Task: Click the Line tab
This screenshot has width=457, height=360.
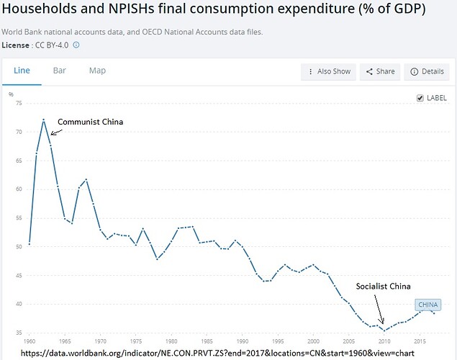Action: (22, 71)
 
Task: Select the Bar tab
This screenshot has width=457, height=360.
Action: (59, 71)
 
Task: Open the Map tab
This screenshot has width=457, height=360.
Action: (97, 71)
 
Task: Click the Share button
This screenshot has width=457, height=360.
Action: (380, 71)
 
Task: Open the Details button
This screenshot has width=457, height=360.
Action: (427, 71)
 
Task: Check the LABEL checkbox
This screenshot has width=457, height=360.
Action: (420, 98)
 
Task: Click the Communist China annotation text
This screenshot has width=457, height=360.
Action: (90, 122)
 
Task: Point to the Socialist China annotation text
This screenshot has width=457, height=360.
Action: (383, 286)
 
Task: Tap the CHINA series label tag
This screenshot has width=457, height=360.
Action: (427, 305)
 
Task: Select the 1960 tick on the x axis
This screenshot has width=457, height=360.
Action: (30, 341)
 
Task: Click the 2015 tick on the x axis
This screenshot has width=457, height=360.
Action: (419, 341)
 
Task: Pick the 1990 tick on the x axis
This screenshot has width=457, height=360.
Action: (242, 341)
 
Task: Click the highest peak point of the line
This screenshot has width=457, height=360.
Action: (44, 120)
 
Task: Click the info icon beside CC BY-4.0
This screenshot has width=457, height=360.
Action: (76, 45)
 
